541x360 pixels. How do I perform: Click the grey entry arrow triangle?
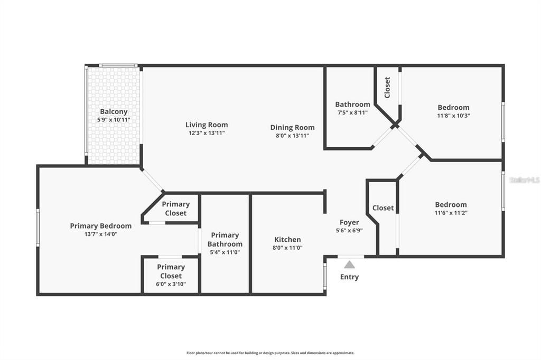(x=349, y=264)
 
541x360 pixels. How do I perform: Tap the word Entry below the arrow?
(x=349, y=277)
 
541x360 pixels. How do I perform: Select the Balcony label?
(x=114, y=111)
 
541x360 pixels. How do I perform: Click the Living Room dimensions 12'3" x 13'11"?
(x=207, y=133)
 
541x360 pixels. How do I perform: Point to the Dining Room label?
(x=292, y=127)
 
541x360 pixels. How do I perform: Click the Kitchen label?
(x=287, y=240)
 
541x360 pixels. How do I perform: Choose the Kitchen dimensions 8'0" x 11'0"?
(x=287, y=248)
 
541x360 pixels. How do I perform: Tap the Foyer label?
(x=349, y=223)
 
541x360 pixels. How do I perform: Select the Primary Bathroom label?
(x=225, y=240)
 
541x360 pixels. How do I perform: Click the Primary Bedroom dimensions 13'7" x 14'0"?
(x=101, y=234)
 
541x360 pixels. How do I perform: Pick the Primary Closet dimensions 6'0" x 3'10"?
(x=171, y=284)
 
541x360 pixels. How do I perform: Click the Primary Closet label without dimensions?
(x=175, y=209)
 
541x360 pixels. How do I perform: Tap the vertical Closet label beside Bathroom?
(x=387, y=88)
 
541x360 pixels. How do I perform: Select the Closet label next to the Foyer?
(x=383, y=208)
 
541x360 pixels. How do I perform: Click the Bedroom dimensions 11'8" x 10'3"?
(x=453, y=115)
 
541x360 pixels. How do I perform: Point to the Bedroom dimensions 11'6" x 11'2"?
(x=451, y=213)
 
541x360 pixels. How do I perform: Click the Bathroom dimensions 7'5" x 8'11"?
(x=352, y=112)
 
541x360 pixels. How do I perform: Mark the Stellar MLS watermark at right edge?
(x=525, y=180)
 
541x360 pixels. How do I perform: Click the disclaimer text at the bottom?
(x=270, y=353)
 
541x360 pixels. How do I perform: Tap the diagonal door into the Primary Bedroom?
(x=153, y=180)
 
